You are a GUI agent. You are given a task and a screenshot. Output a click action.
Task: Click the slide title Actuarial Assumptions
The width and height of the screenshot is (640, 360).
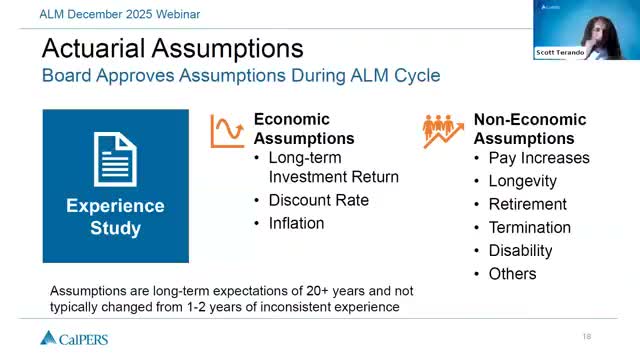[x=172, y=47]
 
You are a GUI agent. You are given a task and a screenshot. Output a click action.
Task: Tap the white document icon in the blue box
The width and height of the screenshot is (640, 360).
[x=115, y=160]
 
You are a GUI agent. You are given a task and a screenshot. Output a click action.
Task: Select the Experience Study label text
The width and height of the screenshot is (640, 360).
[x=115, y=217]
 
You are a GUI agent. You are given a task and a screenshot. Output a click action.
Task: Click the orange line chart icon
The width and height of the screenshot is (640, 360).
[x=227, y=131]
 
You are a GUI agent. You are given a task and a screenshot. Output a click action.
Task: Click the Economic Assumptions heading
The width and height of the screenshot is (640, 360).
[x=304, y=129]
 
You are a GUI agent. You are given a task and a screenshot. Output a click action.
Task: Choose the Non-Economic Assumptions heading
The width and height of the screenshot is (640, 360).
[x=529, y=129]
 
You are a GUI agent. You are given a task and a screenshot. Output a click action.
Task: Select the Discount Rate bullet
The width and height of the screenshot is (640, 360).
[x=318, y=200]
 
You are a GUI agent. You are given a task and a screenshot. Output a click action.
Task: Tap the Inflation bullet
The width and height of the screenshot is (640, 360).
[x=296, y=223]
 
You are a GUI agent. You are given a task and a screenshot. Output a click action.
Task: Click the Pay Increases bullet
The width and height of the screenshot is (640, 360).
[x=538, y=158]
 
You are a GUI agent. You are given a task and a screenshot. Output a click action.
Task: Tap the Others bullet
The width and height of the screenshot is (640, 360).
[x=512, y=273]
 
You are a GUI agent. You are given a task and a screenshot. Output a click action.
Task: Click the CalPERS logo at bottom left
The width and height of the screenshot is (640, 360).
[x=74, y=338]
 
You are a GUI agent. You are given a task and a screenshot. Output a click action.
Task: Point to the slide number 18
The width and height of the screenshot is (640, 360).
[x=587, y=335]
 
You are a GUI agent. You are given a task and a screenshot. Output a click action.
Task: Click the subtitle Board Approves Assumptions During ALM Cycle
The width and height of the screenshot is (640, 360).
[x=240, y=75]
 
